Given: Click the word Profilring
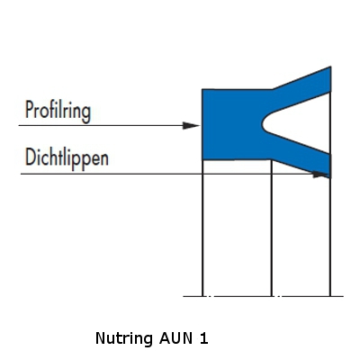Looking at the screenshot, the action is (x=58, y=111).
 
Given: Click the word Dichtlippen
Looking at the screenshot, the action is (x=67, y=158).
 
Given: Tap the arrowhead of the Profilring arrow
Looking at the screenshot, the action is (x=191, y=125).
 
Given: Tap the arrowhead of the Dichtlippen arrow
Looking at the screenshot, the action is (x=320, y=174).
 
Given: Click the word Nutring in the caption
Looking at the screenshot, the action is (x=124, y=338).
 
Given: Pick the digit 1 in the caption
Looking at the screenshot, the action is (x=204, y=338).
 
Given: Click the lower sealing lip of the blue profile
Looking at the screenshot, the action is (x=303, y=156).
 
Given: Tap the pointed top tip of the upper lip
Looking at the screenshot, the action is (x=330, y=67).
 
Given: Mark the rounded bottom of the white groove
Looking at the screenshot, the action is (x=263, y=123).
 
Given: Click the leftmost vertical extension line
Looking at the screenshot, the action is (x=202, y=228).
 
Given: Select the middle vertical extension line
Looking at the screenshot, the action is (x=272, y=228).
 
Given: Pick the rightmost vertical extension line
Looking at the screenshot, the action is (x=330, y=237).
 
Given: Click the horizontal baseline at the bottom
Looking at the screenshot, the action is (x=264, y=296).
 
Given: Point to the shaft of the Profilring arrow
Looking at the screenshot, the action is (x=101, y=125).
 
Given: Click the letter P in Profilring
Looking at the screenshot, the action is (x=29, y=110).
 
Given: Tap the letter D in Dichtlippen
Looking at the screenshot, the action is (x=30, y=157).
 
